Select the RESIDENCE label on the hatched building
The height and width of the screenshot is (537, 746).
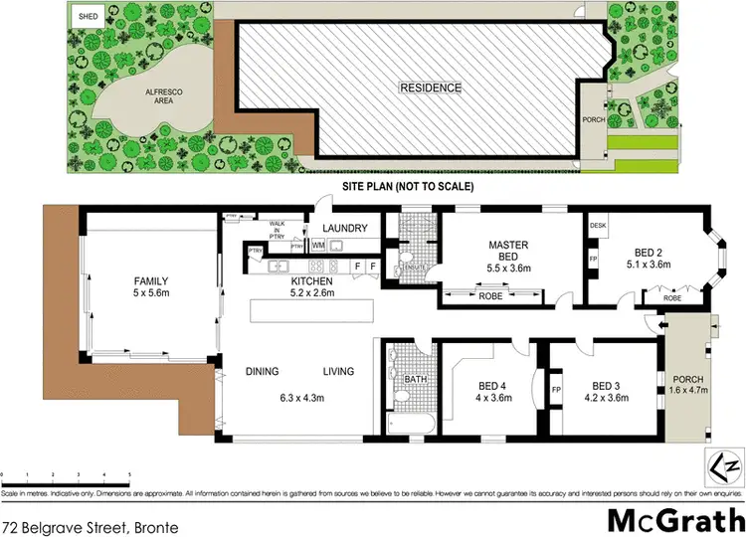pyautogui.click(x=431, y=88)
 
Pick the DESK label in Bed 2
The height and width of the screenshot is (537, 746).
pyautogui.click(x=598, y=227)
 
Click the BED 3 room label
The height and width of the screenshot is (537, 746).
pyautogui.click(x=606, y=386)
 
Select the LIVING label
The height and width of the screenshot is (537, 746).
pyautogui.click(x=338, y=373)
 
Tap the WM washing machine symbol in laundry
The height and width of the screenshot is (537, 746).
pyautogui.click(x=317, y=245)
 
